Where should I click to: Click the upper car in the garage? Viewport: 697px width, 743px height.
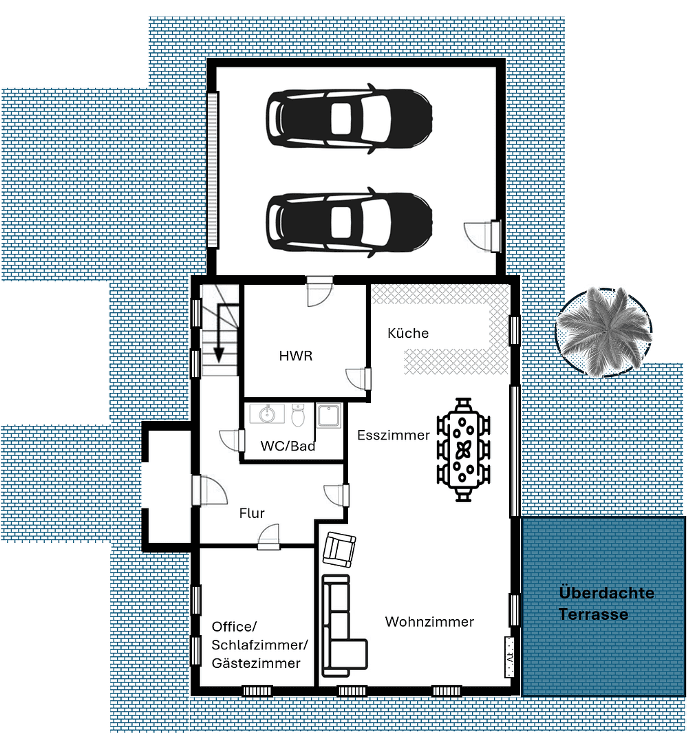click(350, 118)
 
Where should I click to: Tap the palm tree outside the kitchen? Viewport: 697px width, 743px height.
click(603, 332)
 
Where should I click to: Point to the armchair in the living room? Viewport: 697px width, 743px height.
click(341, 549)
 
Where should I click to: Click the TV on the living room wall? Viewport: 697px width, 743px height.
click(510, 657)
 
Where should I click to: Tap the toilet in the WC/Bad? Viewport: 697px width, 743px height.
click(298, 416)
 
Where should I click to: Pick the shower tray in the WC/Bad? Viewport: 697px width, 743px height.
click(329, 418)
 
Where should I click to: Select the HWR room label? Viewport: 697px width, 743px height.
click(296, 356)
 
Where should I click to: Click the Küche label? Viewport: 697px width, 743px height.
click(408, 334)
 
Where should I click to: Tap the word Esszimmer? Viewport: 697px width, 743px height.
click(393, 435)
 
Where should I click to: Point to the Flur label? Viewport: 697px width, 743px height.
click(252, 513)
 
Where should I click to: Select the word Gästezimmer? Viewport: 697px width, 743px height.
click(256, 663)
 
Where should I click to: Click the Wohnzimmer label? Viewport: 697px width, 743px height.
click(429, 622)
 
